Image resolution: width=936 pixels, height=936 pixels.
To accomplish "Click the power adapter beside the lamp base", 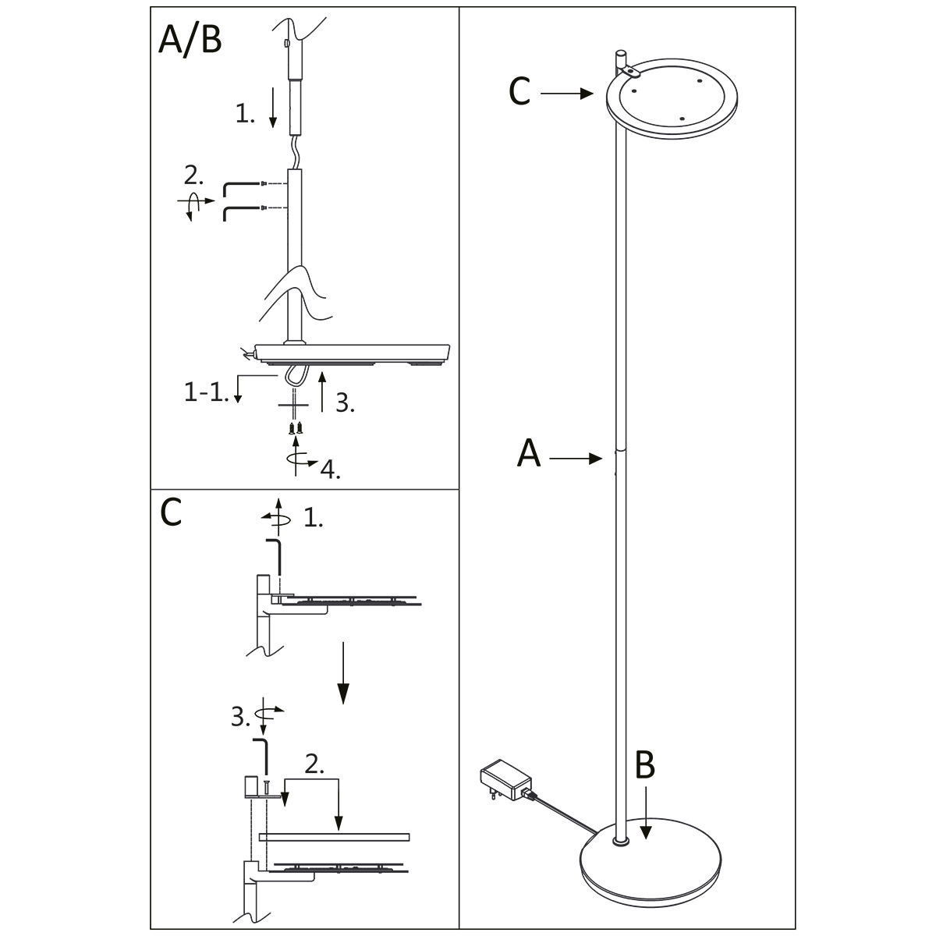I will tap(505, 781).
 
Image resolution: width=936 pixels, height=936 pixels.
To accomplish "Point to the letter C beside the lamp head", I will tap(519, 93).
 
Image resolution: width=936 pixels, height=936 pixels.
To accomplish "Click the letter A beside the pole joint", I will tap(529, 454).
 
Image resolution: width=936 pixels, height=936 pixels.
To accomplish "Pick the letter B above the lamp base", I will tap(645, 767).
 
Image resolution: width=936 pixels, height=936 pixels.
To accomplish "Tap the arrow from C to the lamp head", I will tap(567, 94).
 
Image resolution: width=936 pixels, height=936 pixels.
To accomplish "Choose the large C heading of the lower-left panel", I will tap(171, 512).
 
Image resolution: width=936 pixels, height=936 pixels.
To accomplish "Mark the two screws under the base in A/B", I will tap(296, 427).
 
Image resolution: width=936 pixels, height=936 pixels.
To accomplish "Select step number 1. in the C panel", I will tap(313, 518).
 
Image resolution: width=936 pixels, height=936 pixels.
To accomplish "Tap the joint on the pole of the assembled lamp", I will tap(619, 451).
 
